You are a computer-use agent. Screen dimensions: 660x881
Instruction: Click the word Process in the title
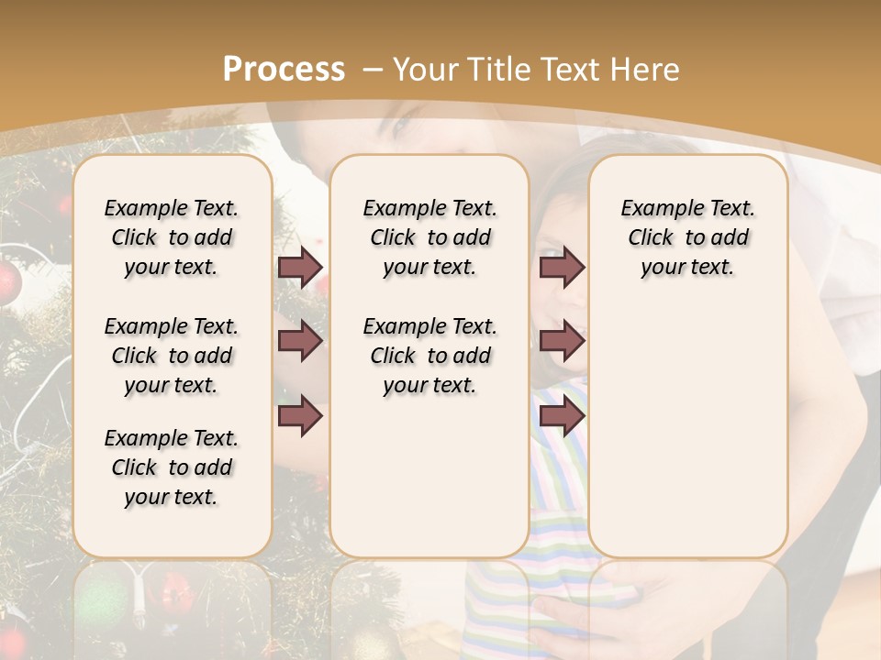[284, 69]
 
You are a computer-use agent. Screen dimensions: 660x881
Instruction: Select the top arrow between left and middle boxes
[300, 268]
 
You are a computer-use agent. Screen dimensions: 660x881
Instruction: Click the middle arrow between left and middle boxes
[300, 341]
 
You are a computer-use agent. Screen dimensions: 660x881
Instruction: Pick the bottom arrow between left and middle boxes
[300, 415]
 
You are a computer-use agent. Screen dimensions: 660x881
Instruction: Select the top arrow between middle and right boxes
[562, 268]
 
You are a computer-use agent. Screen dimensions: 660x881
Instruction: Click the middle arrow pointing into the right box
[562, 341]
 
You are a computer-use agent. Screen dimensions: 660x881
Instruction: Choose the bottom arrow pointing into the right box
[562, 415]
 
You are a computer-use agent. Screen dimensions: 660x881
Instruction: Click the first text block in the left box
[172, 237]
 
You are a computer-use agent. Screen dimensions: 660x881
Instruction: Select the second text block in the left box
[172, 356]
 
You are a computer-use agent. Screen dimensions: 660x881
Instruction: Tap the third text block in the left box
[172, 467]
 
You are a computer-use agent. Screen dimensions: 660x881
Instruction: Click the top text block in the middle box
[429, 237]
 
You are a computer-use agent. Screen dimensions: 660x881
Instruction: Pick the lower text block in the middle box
[429, 356]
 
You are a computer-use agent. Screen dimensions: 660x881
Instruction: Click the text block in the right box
[687, 237]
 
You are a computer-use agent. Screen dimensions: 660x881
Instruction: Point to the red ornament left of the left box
[7, 284]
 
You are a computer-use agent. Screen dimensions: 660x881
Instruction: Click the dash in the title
[374, 69]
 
